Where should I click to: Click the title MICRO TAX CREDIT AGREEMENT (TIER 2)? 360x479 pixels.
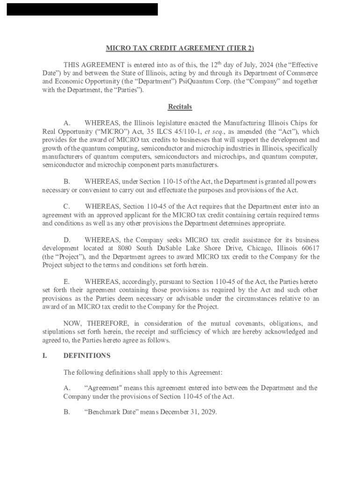pyautogui.click(x=180, y=48)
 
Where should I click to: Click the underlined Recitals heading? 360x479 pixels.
pyautogui.click(x=180, y=107)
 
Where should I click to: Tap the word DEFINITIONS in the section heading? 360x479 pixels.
pyautogui.click(x=87, y=356)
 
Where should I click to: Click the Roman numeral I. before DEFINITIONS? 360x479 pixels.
pyautogui.click(x=44, y=356)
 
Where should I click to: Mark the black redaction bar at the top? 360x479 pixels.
pyautogui.click(x=82, y=9)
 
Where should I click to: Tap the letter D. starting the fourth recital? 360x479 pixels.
pyautogui.click(x=67, y=239)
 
